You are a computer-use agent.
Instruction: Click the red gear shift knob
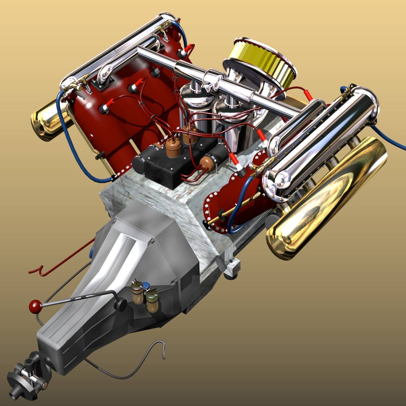[35, 306]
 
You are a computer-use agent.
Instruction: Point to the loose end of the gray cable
[162, 355]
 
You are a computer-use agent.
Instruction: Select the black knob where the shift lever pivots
[120, 304]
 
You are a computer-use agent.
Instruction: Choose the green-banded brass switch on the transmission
[152, 301]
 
